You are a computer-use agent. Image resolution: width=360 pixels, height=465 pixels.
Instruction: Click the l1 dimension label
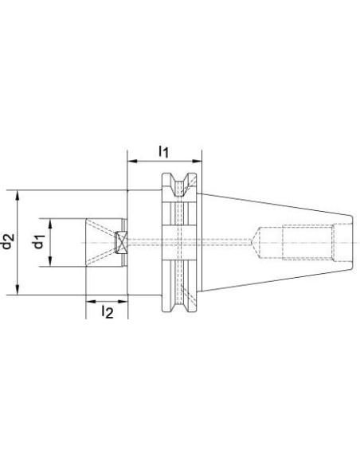(x=163, y=151)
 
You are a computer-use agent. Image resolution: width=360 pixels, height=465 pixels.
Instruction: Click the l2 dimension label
(x=107, y=312)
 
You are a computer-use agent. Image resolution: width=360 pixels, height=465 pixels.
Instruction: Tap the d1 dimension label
(x=39, y=242)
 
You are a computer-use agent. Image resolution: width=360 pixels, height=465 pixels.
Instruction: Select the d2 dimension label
(x=7, y=241)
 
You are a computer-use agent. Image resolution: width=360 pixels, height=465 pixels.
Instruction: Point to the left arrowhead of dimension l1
(x=132, y=162)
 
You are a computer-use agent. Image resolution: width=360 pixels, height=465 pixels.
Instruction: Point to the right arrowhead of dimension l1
(x=197, y=162)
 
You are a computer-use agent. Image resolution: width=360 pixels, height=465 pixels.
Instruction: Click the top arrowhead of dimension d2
(x=18, y=195)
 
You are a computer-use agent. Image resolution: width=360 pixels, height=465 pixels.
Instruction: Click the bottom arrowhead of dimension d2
(x=18, y=290)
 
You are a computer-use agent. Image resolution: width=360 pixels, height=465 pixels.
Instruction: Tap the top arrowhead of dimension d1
(x=50, y=224)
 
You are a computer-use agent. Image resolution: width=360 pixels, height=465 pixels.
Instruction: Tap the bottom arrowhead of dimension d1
(x=50, y=261)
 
